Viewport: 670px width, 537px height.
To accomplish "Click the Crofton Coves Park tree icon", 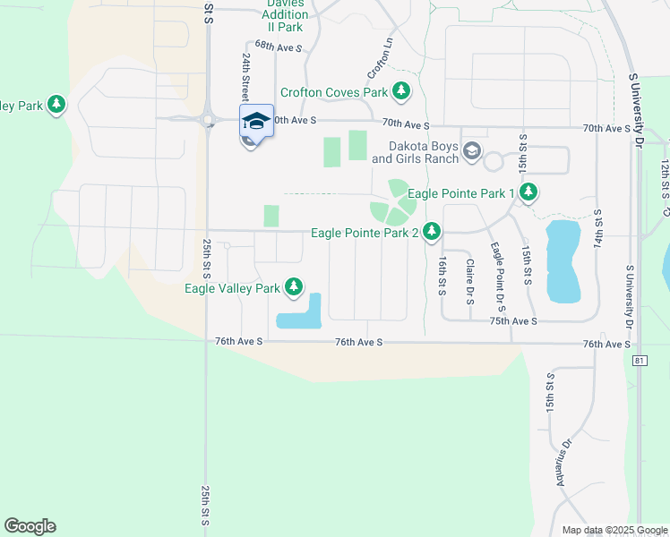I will click(402, 91).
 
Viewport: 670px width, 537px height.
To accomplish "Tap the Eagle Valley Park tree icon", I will click(294, 287).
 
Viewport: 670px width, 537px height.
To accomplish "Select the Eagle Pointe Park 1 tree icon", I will click(528, 192).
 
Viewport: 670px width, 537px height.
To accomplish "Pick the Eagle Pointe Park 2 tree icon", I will click(432, 233).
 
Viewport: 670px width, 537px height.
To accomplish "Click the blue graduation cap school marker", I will click(256, 121).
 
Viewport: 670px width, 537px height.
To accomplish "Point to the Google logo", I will click(30, 526).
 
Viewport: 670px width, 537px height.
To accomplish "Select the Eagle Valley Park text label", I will click(233, 288).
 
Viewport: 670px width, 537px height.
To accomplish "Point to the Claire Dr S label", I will click(469, 281).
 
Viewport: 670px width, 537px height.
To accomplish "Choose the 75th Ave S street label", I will click(513, 320).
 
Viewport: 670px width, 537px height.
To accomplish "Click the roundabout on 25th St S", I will click(207, 118).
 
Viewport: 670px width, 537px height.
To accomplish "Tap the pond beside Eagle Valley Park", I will click(301, 315).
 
